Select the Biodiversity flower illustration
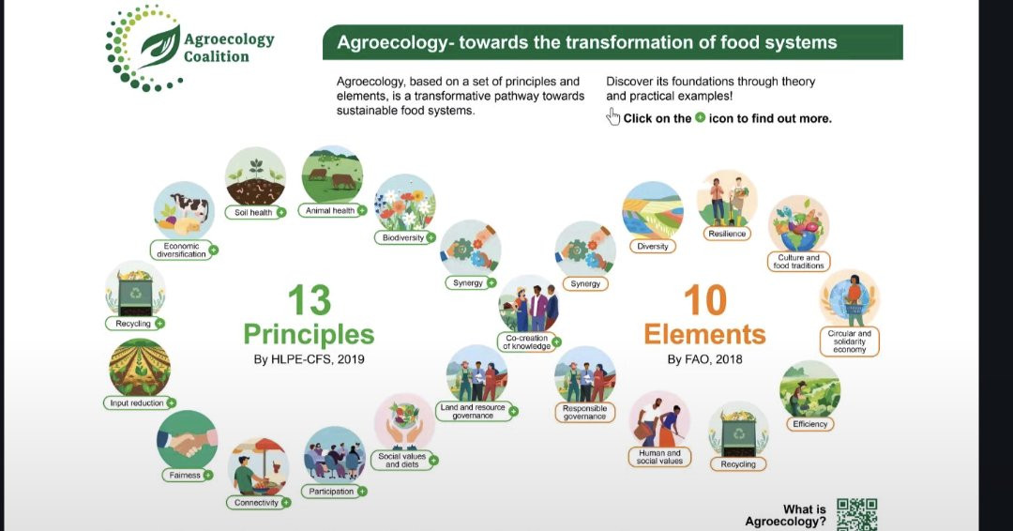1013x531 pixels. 405,202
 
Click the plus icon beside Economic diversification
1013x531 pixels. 213,250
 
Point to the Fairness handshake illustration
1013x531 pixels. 187,440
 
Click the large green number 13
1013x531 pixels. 309,300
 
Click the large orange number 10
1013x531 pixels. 704,300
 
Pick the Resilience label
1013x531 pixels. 727,234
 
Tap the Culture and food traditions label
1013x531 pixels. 798,261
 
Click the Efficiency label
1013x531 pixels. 810,424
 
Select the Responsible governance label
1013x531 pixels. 584,412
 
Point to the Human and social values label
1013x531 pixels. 659,457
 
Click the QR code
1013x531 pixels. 856,514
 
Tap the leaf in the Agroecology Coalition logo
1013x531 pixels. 159,46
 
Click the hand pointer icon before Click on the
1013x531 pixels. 612,117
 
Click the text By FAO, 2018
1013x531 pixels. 704,359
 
